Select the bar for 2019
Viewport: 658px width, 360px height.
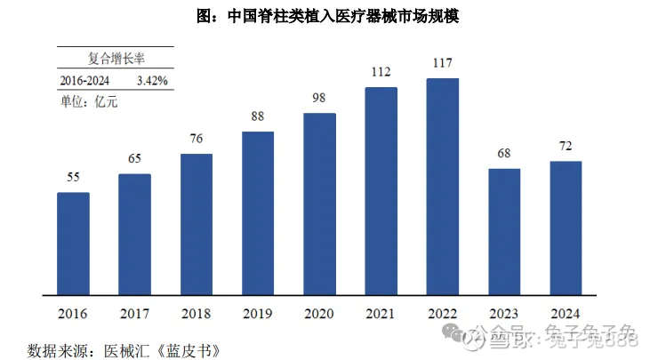click(258, 212)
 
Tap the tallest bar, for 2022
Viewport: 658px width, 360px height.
click(443, 186)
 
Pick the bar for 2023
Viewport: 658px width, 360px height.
click(504, 231)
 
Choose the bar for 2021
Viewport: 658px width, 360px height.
click(381, 190)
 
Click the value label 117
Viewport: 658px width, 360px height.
click(443, 64)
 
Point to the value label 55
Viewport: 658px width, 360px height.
click(73, 178)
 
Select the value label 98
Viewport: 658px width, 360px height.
click(319, 98)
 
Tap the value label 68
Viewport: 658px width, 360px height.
click(504, 154)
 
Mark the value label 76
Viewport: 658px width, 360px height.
click(197, 138)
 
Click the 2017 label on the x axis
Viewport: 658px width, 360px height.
click(135, 314)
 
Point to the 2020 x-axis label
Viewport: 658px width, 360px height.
click(319, 314)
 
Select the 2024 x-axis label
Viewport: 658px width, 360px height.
click(566, 314)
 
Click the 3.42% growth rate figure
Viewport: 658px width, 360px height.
click(152, 81)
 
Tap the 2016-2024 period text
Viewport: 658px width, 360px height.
click(85, 81)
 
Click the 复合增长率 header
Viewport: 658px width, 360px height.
click(116, 60)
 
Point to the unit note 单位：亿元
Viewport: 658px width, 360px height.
click(88, 101)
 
